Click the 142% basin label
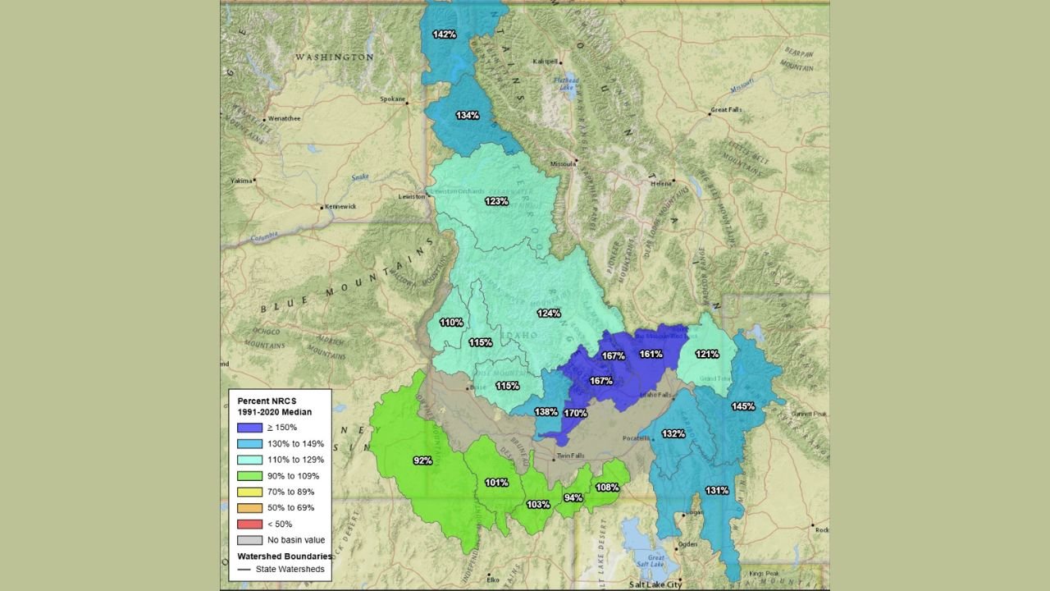(445, 34)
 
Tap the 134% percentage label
(468, 115)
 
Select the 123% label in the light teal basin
(495, 201)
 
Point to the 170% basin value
(575, 413)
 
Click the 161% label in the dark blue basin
(651, 354)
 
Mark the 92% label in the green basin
(422, 460)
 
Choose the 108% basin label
(607, 487)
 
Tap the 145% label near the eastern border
(743, 406)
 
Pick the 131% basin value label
(716, 490)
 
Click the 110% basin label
(451, 323)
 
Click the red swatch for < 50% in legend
(249, 524)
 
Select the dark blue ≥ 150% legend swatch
(249, 427)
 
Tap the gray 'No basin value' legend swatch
(249, 540)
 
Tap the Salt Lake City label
(655, 584)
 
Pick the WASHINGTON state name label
(334, 57)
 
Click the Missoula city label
(563, 163)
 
